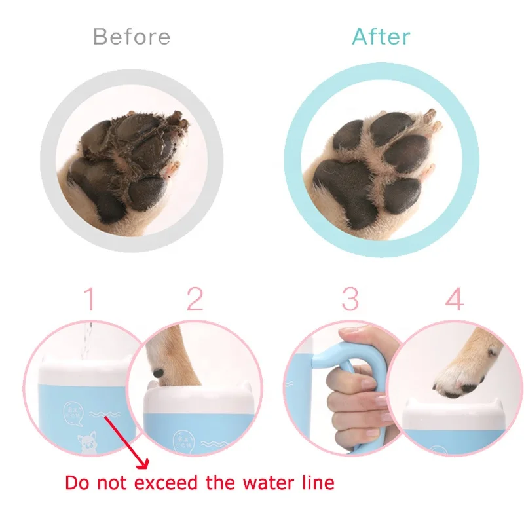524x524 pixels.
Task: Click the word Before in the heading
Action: (x=132, y=36)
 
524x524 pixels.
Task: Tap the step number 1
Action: (x=90, y=300)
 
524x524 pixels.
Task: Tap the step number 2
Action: (x=195, y=300)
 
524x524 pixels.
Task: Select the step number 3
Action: (x=350, y=300)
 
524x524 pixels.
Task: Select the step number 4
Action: (x=454, y=300)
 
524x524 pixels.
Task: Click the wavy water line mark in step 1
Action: (x=100, y=414)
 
